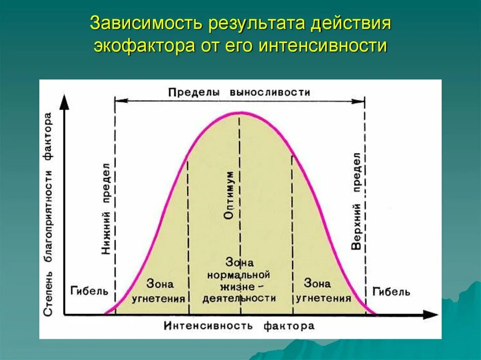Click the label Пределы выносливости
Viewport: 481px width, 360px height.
(x=239, y=92)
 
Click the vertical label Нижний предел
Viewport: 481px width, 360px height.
(x=106, y=208)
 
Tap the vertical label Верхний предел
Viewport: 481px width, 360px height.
(x=356, y=200)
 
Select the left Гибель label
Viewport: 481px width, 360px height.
(x=89, y=291)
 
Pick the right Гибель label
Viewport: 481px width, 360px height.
(x=391, y=292)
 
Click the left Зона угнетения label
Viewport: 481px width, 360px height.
(x=160, y=291)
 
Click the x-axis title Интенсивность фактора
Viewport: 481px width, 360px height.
(x=239, y=325)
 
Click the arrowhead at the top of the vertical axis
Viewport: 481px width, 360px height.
(x=64, y=102)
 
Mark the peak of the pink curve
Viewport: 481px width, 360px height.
(x=240, y=113)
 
